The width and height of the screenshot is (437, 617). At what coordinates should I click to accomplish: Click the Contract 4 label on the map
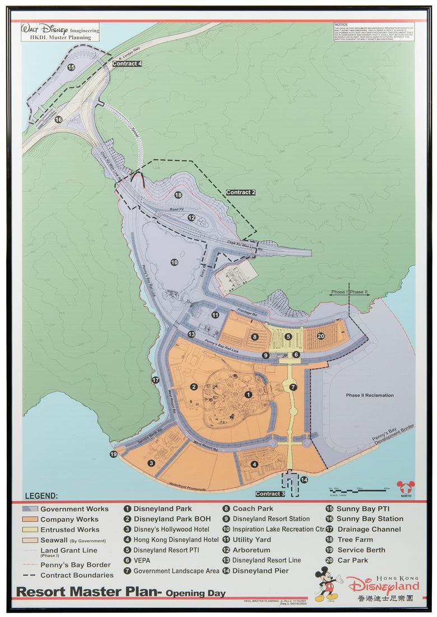pyautogui.click(x=127, y=63)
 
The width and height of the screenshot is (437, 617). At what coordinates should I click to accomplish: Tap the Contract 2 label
pyautogui.click(x=240, y=192)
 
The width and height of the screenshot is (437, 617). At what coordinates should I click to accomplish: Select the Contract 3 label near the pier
pyautogui.click(x=271, y=494)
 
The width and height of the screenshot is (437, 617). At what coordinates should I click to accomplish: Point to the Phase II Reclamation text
pyautogui.click(x=369, y=395)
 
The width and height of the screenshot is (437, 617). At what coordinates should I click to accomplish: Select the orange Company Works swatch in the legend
pyautogui.click(x=31, y=519)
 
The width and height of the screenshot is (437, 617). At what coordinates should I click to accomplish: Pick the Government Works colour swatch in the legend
pyautogui.click(x=31, y=509)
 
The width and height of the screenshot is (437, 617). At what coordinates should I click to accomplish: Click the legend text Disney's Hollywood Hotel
pyautogui.click(x=171, y=529)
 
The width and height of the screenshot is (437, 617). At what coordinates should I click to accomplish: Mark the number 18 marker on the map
pyautogui.click(x=178, y=195)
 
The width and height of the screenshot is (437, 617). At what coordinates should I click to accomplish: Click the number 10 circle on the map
pyautogui.click(x=174, y=262)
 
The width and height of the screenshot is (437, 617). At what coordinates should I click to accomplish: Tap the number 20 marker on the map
pyautogui.click(x=320, y=336)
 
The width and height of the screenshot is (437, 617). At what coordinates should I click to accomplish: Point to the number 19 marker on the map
pyautogui.click(x=114, y=454)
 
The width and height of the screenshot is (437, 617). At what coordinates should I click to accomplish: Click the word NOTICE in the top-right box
pyautogui.click(x=341, y=25)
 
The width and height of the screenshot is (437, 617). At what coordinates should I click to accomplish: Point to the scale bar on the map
pyautogui.click(x=358, y=490)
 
